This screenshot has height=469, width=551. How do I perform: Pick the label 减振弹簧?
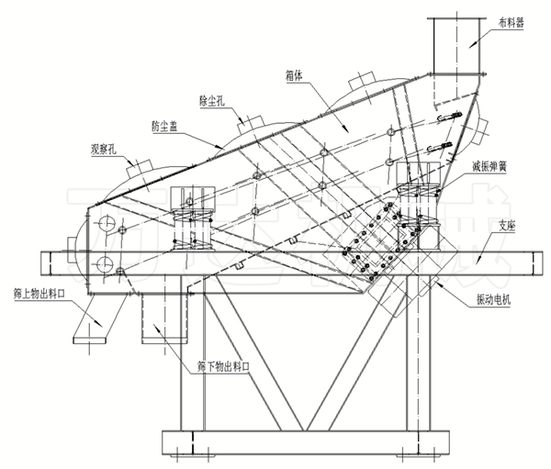[489, 166]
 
